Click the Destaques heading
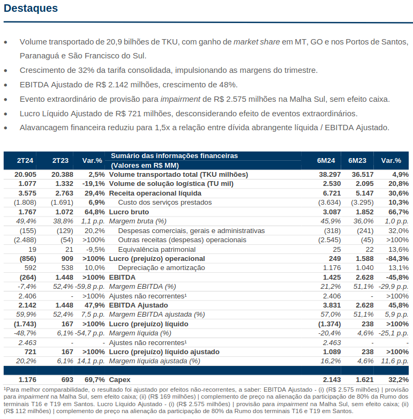click(31, 8)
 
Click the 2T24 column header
click(25, 161)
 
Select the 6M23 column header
click(357, 161)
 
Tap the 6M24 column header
click(326, 161)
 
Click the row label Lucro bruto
click(129, 212)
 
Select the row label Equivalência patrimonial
click(157, 249)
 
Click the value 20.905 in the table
click(25, 175)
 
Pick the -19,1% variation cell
click(94, 184)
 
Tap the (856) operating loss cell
click(28, 259)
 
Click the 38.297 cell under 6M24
click(330, 175)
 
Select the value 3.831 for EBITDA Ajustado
click(332, 305)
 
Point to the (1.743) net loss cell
click(25, 324)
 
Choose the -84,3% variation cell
click(397, 259)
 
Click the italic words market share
click(257, 42)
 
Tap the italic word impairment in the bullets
click(181, 100)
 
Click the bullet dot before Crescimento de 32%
click(5, 71)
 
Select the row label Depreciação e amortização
click(162, 268)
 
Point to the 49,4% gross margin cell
click(26, 221)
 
